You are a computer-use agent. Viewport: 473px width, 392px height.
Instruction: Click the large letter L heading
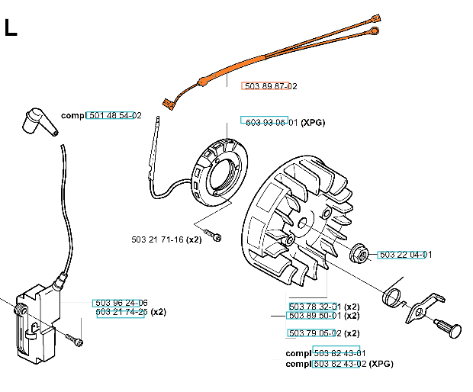(11, 28)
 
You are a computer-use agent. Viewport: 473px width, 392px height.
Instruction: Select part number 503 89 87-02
(269, 86)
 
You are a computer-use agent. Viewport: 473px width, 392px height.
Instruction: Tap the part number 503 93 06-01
(269, 121)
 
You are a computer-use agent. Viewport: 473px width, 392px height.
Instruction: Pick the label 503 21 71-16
(159, 239)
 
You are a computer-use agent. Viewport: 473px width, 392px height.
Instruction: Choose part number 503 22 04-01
(405, 255)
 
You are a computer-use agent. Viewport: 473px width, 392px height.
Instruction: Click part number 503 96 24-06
(121, 303)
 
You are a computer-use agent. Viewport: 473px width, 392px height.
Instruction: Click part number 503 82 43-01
(339, 354)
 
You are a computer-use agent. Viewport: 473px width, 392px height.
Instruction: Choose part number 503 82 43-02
(339, 364)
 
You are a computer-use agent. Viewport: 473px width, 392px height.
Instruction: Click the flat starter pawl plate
(423, 306)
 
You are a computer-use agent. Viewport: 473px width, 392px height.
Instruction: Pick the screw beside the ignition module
(75, 338)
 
